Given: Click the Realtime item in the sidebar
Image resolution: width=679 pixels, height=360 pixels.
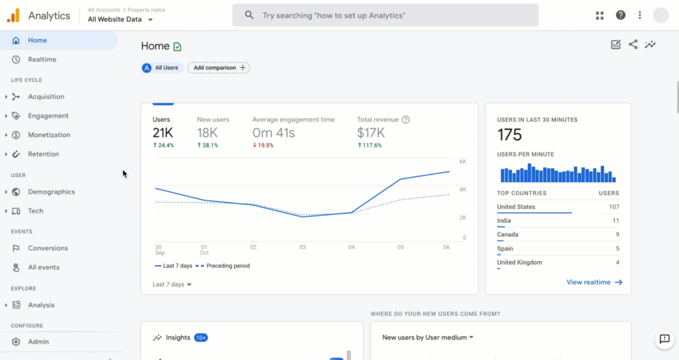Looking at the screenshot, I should click(x=42, y=60).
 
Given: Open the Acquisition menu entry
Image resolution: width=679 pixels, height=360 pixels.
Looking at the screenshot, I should click(x=46, y=97).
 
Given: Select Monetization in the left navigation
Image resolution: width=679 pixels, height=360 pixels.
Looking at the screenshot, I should click(x=48, y=135).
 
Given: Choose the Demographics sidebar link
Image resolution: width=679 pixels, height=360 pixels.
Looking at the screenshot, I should click(x=51, y=192).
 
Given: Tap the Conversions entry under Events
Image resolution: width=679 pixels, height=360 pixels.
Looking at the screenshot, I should click(x=48, y=248).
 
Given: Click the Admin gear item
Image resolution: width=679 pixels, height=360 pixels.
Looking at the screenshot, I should click(x=38, y=341).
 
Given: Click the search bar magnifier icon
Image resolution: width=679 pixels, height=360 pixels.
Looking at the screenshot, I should click(x=249, y=15).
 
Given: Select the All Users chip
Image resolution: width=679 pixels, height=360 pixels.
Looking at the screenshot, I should click(x=162, y=68).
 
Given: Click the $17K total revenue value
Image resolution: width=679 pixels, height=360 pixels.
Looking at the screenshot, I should click(x=371, y=133).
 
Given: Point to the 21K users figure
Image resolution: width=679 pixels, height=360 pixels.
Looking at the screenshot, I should click(x=162, y=133).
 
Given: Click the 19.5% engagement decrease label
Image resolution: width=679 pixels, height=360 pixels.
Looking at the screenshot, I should click(x=266, y=145).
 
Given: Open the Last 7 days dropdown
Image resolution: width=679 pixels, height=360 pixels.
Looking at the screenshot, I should click(x=172, y=284).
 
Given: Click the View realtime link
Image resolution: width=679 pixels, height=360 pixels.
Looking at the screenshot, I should click(x=594, y=282).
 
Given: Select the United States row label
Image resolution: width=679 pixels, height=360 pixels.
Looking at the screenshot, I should click(x=516, y=207).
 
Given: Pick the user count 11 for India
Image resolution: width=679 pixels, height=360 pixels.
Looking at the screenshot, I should click(x=615, y=221).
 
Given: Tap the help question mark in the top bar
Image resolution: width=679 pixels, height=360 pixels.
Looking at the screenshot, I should click(x=621, y=15).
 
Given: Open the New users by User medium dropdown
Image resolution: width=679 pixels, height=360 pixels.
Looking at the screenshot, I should click(x=428, y=337).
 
